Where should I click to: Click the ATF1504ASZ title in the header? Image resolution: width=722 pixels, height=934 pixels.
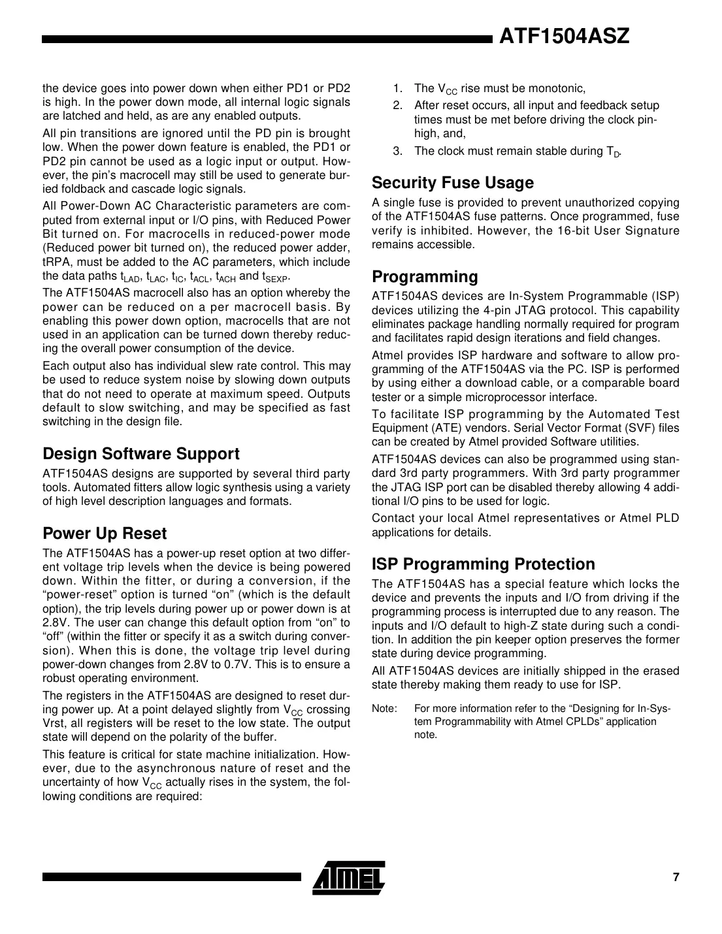[564, 37]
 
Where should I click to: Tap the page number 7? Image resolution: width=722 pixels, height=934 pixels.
[676, 877]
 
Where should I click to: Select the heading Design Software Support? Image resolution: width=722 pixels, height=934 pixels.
[140, 453]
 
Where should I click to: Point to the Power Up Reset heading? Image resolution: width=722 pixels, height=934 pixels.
[105, 533]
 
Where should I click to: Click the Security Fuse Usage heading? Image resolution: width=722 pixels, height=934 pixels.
[452, 182]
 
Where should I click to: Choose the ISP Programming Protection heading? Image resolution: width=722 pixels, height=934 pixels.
[483, 564]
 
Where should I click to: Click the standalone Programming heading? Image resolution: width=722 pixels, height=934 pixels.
[425, 276]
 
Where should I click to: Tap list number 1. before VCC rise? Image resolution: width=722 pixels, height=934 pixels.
[397, 88]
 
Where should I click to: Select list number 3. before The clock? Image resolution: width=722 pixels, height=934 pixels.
[397, 151]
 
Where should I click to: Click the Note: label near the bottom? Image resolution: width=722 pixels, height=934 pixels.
[383, 709]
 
